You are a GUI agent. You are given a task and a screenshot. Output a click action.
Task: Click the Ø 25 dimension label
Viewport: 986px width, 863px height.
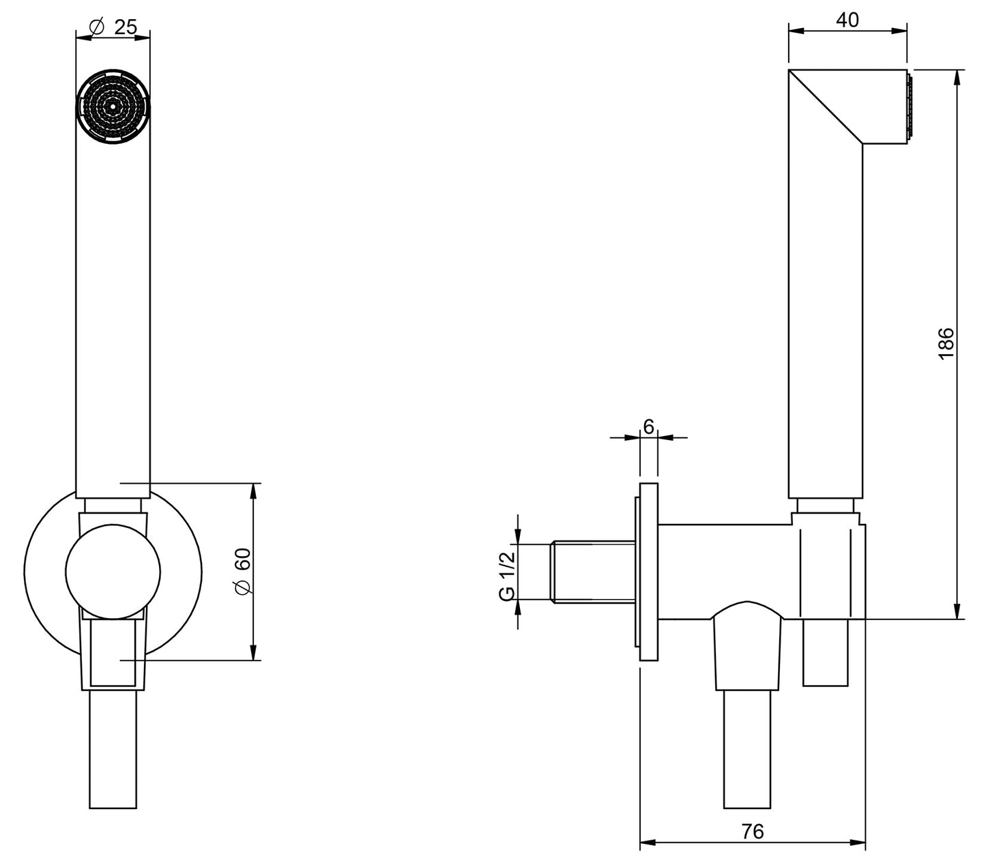click(113, 27)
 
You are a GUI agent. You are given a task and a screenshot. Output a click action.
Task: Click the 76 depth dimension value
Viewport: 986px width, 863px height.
click(753, 831)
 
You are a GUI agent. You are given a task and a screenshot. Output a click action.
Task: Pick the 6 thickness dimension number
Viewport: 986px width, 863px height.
click(648, 426)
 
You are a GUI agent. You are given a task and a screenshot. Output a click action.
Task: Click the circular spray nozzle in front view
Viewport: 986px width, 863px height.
click(113, 106)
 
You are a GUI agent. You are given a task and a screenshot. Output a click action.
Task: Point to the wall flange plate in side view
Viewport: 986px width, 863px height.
click(648, 572)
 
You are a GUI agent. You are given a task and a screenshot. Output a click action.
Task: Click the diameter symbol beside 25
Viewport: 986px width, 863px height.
click(96, 27)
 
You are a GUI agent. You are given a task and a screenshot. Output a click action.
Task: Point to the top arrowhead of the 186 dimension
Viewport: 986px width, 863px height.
click(957, 76)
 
